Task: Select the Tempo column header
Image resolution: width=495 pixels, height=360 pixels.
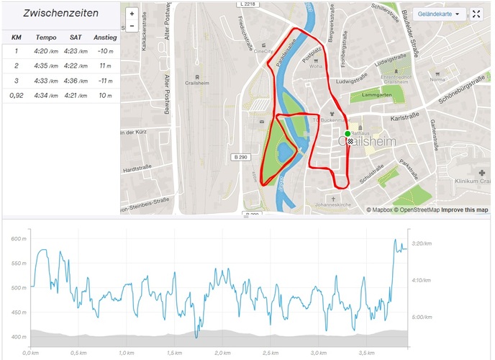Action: click(x=46, y=37)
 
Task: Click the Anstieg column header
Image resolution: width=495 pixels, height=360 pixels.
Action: click(x=105, y=37)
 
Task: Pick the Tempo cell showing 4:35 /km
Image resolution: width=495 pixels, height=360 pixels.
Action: click(x=46, y=66)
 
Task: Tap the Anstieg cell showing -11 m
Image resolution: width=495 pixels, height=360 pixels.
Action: click(x=105, y=80)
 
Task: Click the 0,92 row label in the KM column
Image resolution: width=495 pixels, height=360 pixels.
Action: click(x=16, y=95)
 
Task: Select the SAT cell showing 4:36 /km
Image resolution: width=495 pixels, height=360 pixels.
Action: click(x=76, y=80)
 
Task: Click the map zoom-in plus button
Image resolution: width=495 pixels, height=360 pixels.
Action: click(x=132, y=14)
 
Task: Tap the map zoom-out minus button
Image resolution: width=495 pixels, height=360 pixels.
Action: click(x=132, y=26)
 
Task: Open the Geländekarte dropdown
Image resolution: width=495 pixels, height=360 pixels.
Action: click(x=437, y=14)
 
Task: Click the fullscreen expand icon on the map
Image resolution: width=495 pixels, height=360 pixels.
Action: click(x=476, y=14)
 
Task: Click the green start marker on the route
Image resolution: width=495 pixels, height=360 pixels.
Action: click(x=348, y=134)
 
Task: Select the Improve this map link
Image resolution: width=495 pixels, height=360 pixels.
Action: click(x=464, y=210)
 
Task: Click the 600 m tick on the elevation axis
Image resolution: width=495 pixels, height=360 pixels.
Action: click(x=19, y=239)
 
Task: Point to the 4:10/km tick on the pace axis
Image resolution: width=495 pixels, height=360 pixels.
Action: click(x=419, y=279)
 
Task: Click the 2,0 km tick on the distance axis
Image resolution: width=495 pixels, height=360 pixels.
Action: click(x=222, y=353)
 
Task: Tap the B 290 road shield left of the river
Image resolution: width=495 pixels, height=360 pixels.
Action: click(x=240, y=157)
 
